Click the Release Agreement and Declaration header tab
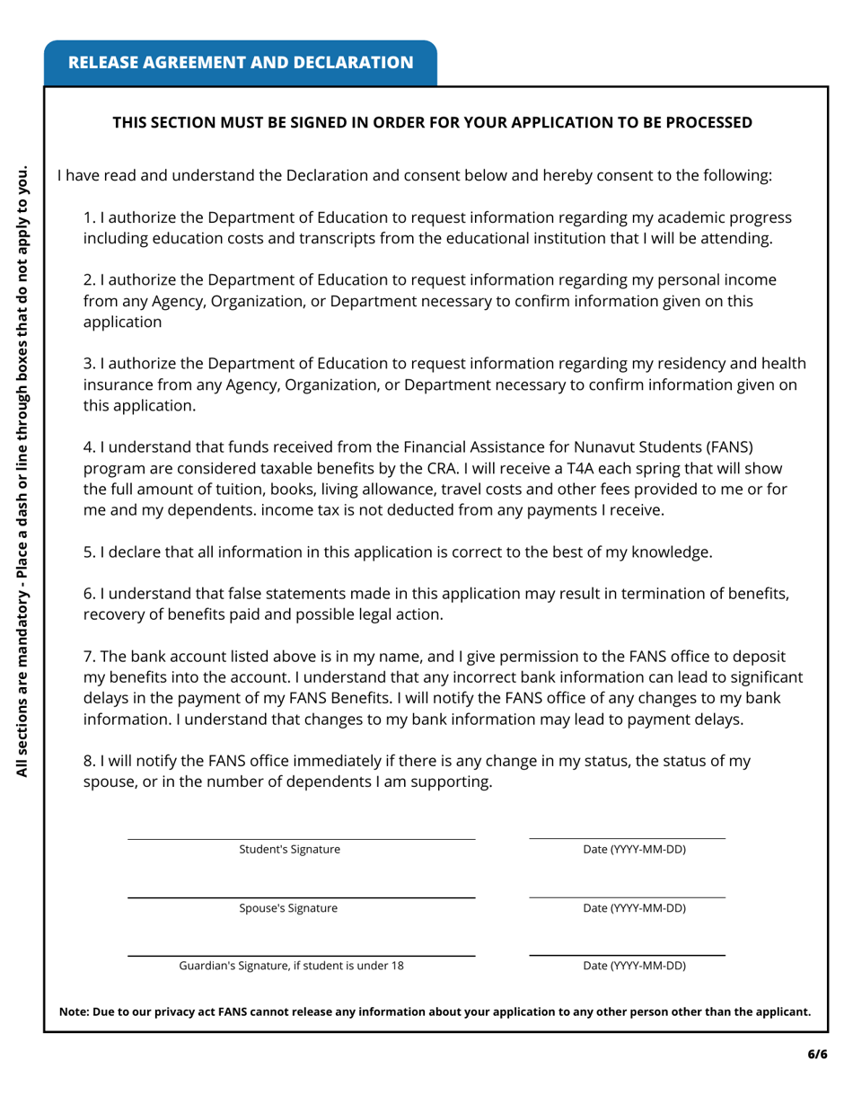pyautogui.click(x=241, y=62)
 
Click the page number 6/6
pyautogui.click(x=816, y=1055)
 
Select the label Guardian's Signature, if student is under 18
pyautogui.click(x=292, y=966)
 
